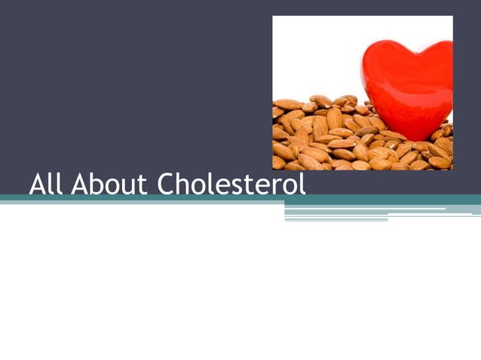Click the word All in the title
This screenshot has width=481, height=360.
pos(47,183)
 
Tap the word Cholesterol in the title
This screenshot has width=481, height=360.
pos(232,183)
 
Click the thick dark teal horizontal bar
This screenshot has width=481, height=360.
pos(240,199)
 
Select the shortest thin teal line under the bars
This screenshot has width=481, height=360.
pos(335,220)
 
